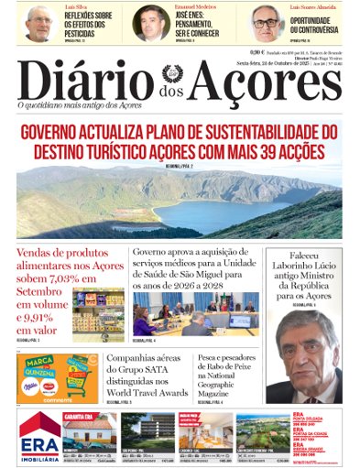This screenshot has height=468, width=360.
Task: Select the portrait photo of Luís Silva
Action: click(x=38, y=23)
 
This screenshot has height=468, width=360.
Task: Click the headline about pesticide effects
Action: click(x=89, y=25)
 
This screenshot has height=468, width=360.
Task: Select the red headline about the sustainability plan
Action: click(x=180, y=141)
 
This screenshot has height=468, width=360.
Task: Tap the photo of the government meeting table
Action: click(x=192, y=315)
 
